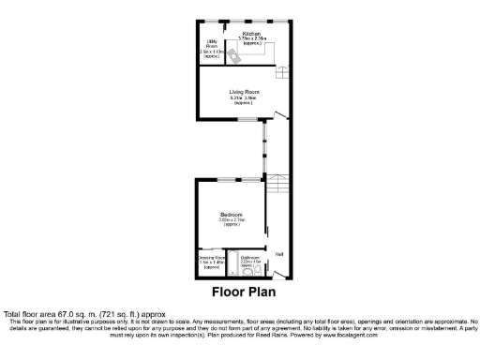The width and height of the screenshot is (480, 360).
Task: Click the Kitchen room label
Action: tap(251, 33)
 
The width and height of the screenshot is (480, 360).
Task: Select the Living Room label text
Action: tap(245, 91)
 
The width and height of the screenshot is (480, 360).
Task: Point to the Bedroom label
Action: tap(232, 215)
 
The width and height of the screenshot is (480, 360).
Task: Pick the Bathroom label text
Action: tap(249, 257)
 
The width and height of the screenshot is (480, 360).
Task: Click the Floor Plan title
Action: tap(240, 292)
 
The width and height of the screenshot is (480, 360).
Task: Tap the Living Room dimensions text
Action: tap(245, 97)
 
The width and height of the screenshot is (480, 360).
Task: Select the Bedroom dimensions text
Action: tap(232, 221)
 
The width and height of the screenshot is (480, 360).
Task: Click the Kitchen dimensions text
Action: tap(251, 38)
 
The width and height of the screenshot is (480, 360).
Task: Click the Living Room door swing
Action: tap(278, 117)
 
